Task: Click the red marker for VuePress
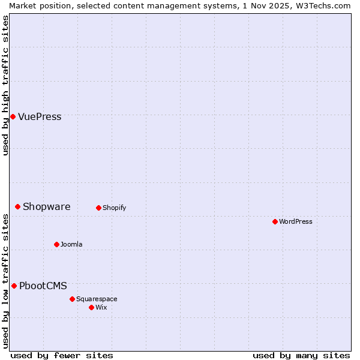[13, 116]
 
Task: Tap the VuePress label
[40, 116]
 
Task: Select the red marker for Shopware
[17, 206]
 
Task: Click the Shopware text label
[46, 206]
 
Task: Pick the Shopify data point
[98, 208]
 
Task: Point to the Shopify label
[114, 208]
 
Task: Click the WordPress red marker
[275, 221]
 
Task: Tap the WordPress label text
[295, 221]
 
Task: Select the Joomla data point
[56, 244]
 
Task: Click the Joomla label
[71, 244]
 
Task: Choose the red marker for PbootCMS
[14, 286]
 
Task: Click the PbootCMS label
[43, 286]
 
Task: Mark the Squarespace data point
[72, 299]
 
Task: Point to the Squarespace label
[97, 299]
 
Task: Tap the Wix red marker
[91, 307]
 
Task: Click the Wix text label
[101, 307]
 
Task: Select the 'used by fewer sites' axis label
[62, 355]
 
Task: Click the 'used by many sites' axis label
[301, 355]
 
